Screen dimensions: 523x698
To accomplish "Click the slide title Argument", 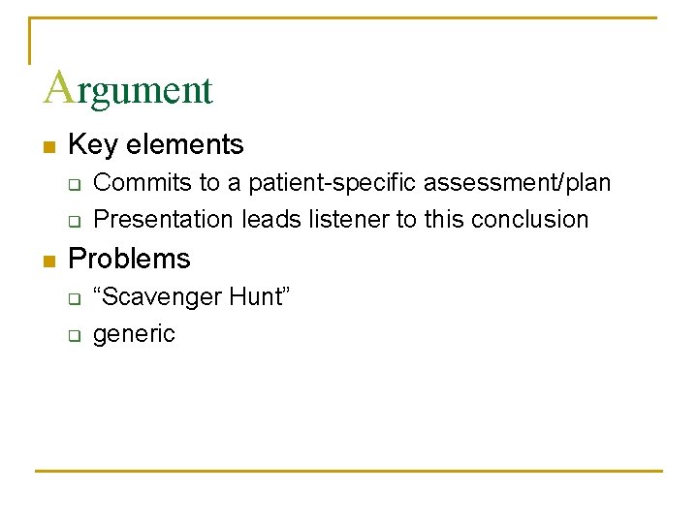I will (x=128, y=89).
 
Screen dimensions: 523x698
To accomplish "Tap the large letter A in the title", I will (x=58, y=86).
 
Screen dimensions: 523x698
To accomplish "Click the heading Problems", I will (x=130, y=259).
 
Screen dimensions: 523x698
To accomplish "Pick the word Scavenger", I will (x=158, y=296).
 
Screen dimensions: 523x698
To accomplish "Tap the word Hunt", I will (x=259, y=296).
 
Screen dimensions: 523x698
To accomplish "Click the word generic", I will (x=134, y=335).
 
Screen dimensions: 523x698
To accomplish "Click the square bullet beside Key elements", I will (x=48, y=147).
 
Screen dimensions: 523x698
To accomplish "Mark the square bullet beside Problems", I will (x=48, y=261).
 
